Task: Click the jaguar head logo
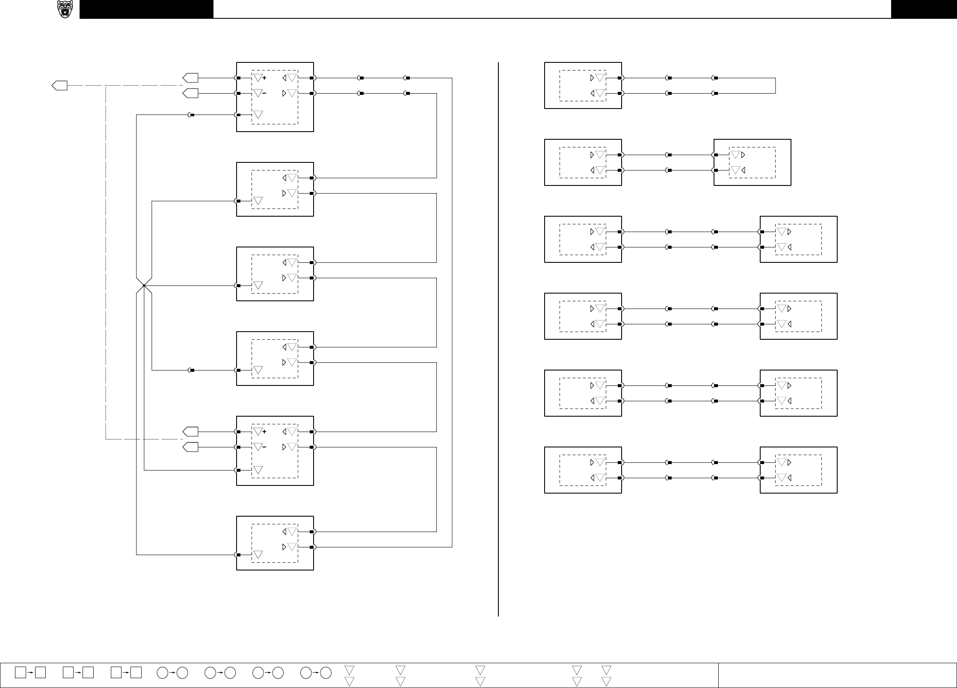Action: click(x=65, y=9)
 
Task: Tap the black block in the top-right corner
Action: click(x=924, y=9)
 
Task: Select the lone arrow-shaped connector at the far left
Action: click(x=59, y=85)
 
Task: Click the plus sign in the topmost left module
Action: click(x=264, y=78)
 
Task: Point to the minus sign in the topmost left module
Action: click(x=264, y=94)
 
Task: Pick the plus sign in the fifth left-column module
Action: click(x=264, y=432)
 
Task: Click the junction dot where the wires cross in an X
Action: click(x=144, y=285)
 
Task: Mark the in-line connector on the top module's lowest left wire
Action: click(x=192, y=115)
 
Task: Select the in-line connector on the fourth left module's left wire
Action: click(x=192, y=370)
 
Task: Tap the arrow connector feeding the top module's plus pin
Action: click(x=190, y=78)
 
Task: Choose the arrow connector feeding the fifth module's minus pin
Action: click(x=190, y=447)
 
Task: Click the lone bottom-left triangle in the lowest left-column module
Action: click(x=258, y=555)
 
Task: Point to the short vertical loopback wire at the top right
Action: click(x=776, y=86)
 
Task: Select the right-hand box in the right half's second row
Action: click(x=752, y=162)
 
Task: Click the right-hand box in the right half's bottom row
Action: click(x=798, y=470)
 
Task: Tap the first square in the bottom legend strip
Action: click(x=20, y=672)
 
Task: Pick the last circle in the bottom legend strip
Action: click(x=326, y=673)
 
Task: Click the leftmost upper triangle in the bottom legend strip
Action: click(x=350, y=670)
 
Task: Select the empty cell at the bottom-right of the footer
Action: click(x=837, y=675)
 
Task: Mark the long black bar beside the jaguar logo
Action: click(x=146, y=9)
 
